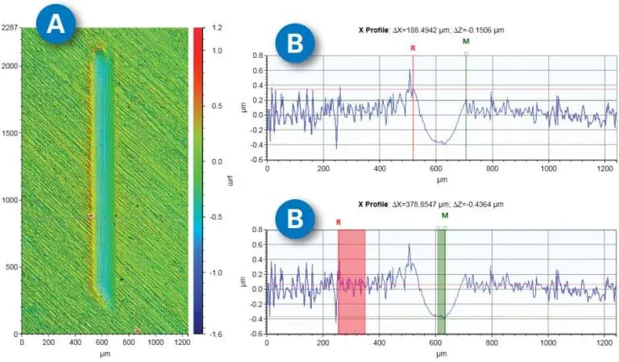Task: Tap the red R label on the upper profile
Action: pos(413,48)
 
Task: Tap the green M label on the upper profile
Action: pos(466,40)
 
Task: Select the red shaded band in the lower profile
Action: pos(351,281)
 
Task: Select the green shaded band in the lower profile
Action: pos(441,281)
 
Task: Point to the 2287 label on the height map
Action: pos(10,28)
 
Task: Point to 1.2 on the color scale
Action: pos(218,28)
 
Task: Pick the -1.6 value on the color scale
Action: pos(217,332)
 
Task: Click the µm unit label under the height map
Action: pos(105,353)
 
